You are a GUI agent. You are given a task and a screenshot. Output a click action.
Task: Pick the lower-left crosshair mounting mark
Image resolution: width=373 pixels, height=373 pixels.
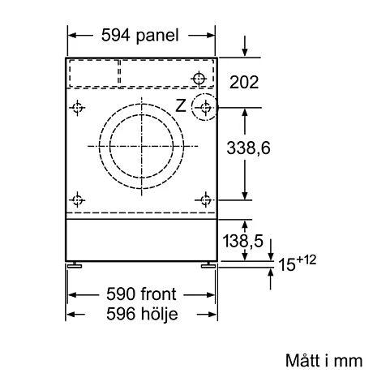click(x=78, y=199)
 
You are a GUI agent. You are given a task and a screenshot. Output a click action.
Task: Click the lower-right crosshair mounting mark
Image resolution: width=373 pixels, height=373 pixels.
click(x=206, y=199)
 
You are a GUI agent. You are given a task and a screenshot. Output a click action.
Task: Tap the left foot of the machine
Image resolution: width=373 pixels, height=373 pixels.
click(x=75, y=264)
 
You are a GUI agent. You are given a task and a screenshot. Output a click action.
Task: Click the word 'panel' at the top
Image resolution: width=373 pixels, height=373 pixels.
click(x=161, y=35)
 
